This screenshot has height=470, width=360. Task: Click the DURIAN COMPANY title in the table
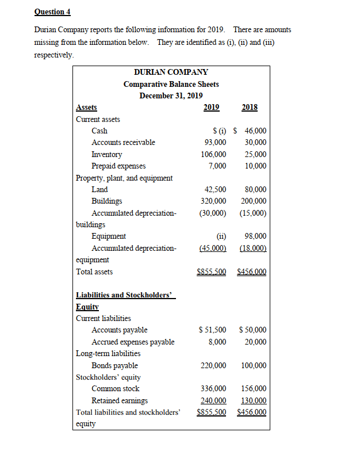click(171, 72)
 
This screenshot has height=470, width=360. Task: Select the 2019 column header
click(212, 107)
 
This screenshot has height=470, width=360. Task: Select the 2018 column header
click(250, 107)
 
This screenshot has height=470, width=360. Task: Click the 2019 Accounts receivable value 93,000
click(215, 142)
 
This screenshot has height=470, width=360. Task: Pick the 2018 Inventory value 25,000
click(255, 154)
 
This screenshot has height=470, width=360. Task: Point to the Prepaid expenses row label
click(118, 166)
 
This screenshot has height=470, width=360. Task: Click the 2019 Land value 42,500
click(215, 189)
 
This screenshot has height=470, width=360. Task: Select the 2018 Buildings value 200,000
click(253, 201)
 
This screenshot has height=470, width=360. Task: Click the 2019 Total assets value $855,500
click(211, 272)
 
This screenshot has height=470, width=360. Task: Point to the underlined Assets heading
click(86, 107)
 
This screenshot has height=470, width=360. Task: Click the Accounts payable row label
click(119, 330)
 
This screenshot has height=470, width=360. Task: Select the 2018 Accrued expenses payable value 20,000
click(255, 342)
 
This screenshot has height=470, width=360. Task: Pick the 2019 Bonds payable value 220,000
click(213, 365)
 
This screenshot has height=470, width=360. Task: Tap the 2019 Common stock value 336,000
click(213, 389)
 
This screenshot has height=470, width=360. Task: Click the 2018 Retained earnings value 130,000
click(253, 400)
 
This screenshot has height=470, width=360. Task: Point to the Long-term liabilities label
click(108, 353)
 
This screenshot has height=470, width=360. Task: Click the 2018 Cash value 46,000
click(255, 131)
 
